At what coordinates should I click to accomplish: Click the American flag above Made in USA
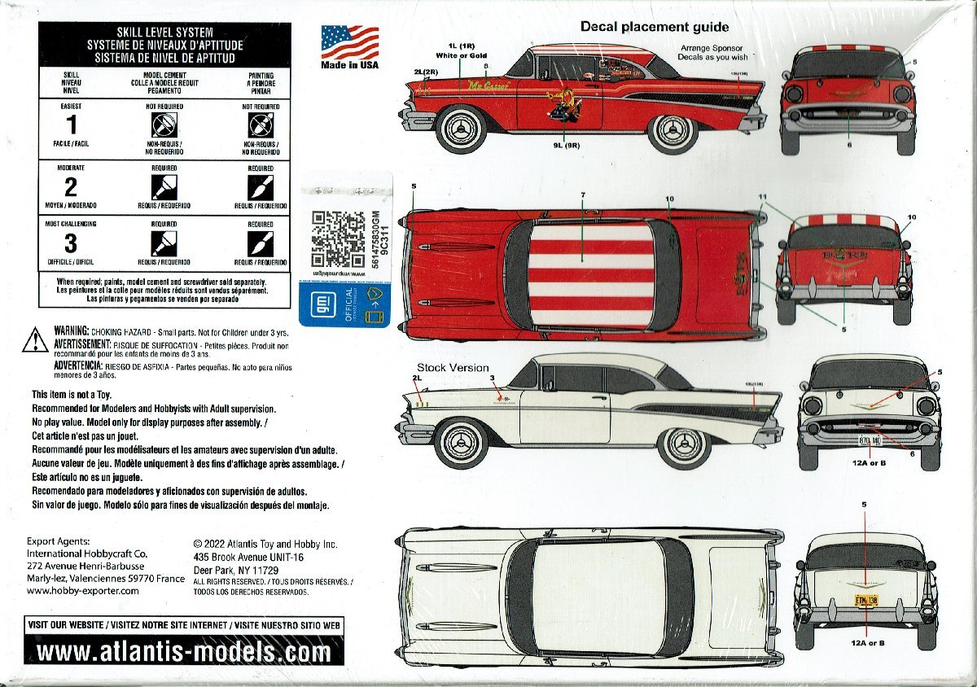coord(349,42)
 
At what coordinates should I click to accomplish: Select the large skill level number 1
coord(71,125)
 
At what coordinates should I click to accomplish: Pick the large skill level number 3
coord(71,243)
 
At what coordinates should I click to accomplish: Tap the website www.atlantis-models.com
coord(184,651)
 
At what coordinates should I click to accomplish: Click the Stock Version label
coord(453,367)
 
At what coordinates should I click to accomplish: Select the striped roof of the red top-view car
coord(590,274)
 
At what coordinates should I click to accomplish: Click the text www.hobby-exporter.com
coord(83,591)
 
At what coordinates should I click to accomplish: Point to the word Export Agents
coord(59,541)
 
